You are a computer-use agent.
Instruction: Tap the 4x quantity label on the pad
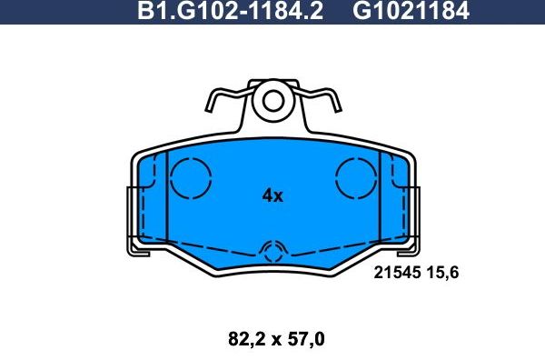click(x=272, y=195)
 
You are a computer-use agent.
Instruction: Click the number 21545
click(x=398, y=271)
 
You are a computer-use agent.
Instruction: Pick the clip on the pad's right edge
click(x=416, y=218)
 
